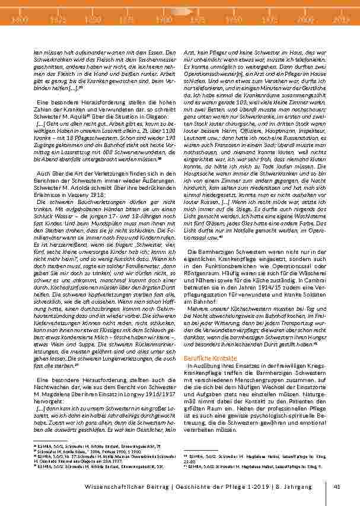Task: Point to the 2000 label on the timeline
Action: tap(307, 20)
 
